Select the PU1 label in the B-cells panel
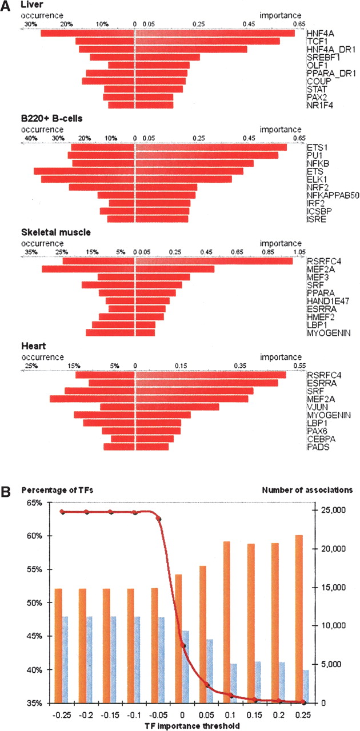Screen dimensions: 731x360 click(x=314, y=155)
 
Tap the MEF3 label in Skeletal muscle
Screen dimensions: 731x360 click(x=316, y=277)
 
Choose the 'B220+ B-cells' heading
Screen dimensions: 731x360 click(x=52, y=118)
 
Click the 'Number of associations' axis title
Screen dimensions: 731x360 click(x=307, y=489)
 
